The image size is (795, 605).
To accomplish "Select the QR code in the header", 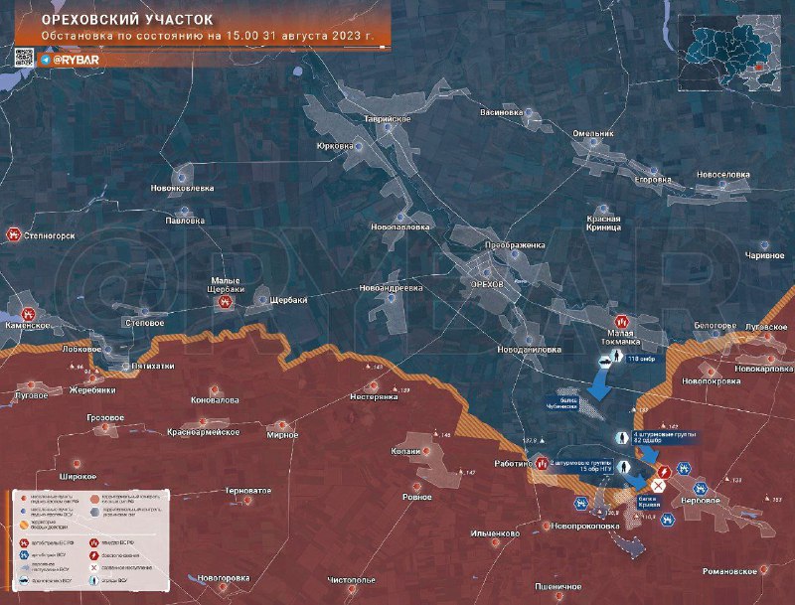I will [24, 58].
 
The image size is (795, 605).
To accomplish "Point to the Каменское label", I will [25, 325].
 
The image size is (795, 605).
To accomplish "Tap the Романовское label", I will [729, 571].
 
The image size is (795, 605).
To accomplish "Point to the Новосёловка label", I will [722, 174].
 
